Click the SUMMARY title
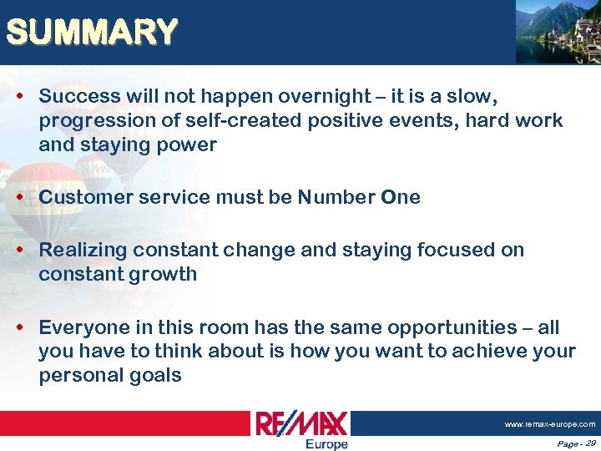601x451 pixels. (91, 33)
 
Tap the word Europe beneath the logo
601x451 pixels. (326, 444)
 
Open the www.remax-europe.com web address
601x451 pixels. (549, 424)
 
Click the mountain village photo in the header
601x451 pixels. (557, 32)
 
